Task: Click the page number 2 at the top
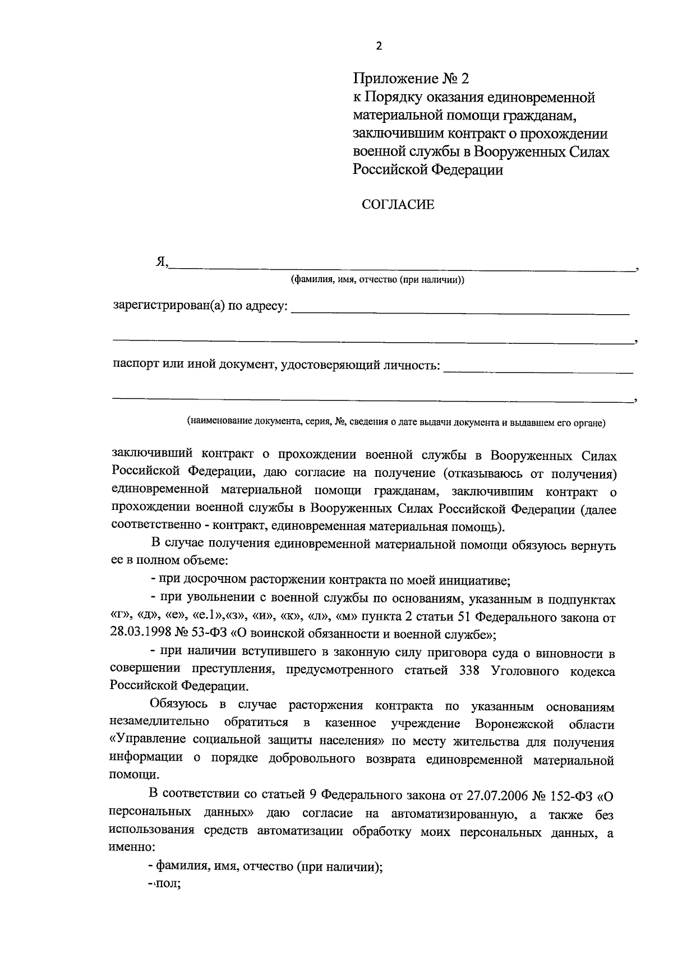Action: pyautogui.click(x=379, y=47)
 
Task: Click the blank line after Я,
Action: pyautogui.click(x=401, y=268)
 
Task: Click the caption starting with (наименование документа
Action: pyautogui.click(x=396, y=422)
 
